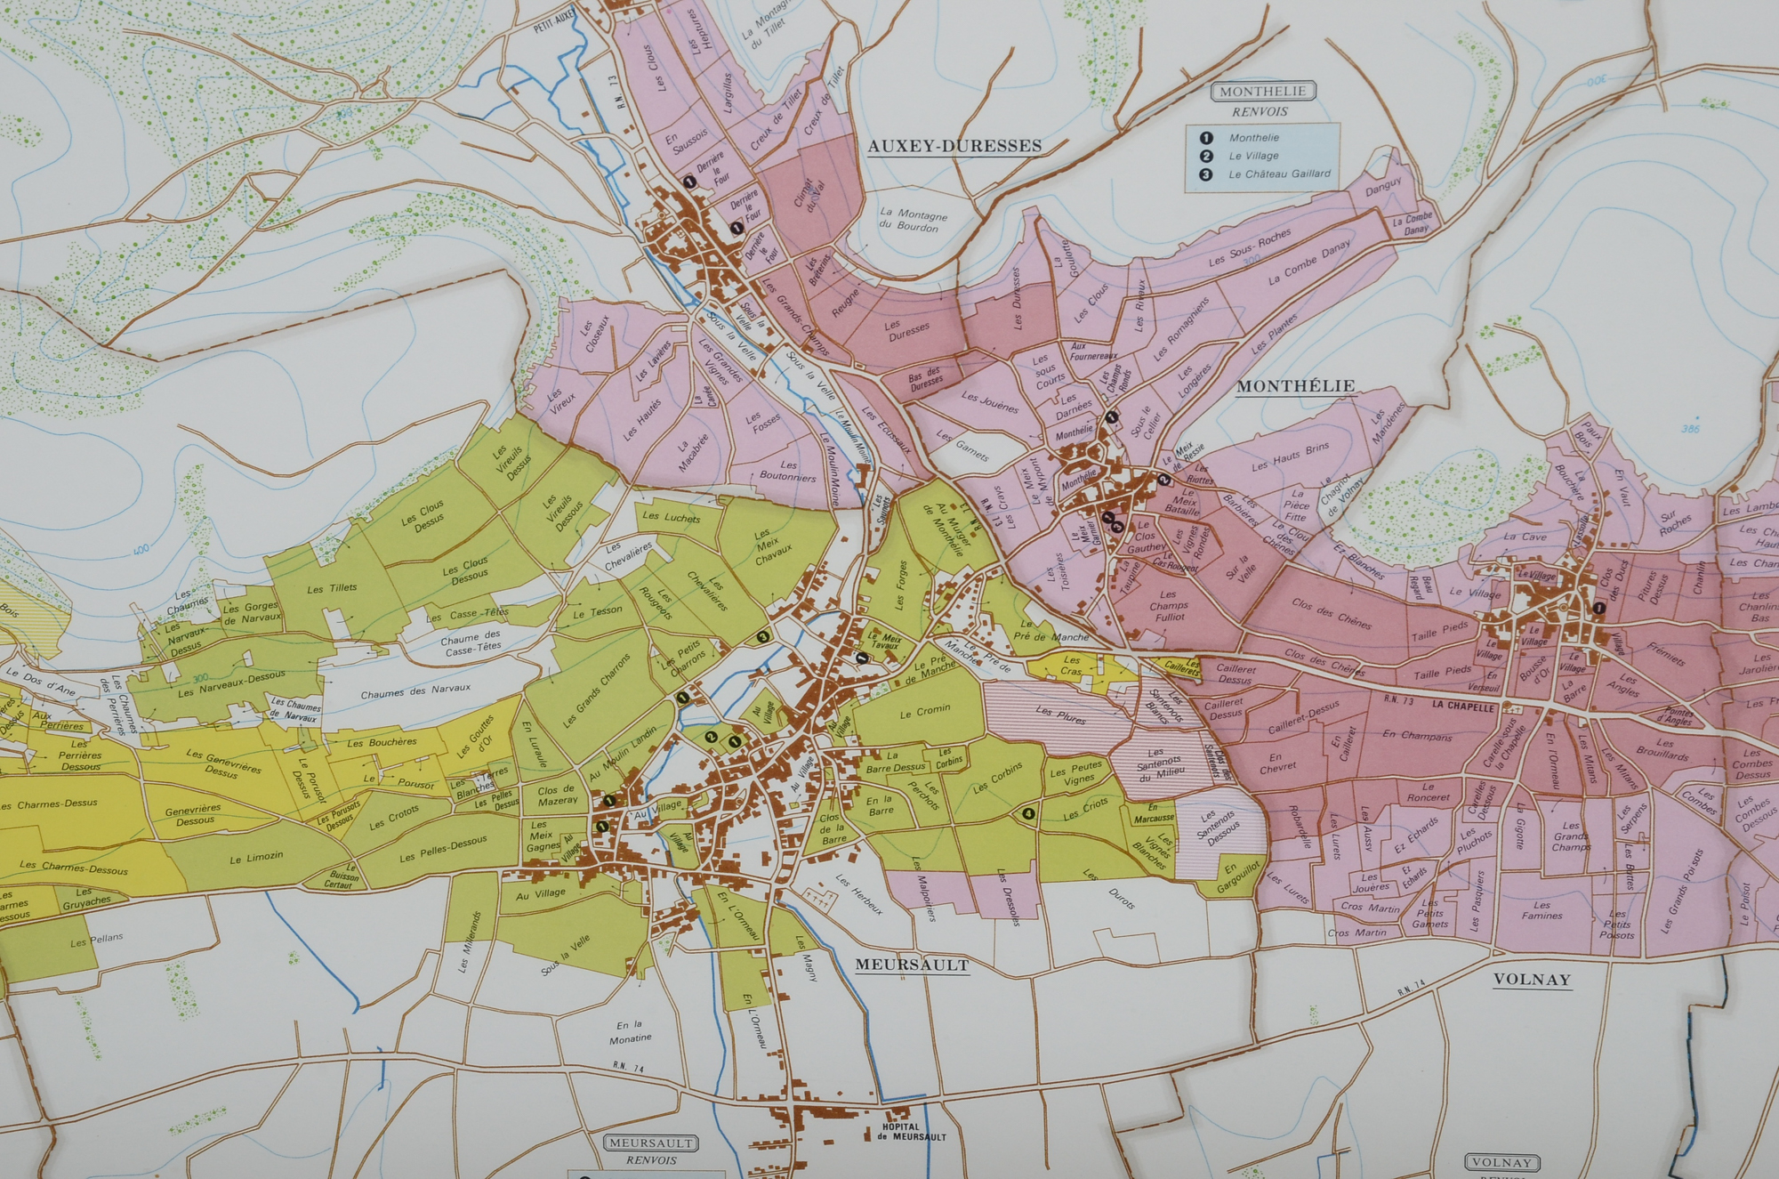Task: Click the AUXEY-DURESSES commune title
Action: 954,146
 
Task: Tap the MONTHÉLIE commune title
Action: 1295,386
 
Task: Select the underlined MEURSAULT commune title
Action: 912,965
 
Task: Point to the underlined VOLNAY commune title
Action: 1531,980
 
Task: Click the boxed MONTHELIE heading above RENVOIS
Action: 1263,92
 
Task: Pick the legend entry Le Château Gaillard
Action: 1279,174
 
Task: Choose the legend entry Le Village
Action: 1253,156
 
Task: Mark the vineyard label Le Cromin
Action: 925,711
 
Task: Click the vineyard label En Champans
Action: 1417,736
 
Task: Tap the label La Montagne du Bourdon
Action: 913,220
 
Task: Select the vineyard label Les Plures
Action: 1060,715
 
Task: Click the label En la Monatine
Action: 631,1031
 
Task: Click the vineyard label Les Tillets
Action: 332,588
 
